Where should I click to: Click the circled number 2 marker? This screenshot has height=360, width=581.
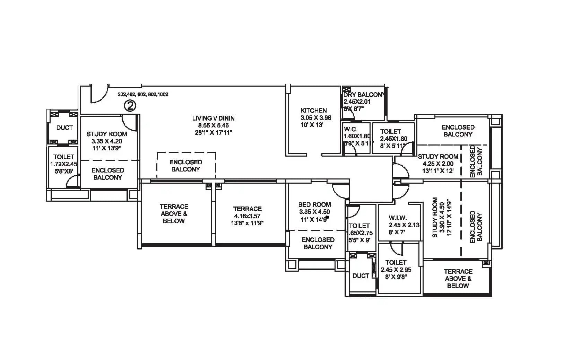(130, 105)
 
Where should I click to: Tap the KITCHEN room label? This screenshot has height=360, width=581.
(313, 111)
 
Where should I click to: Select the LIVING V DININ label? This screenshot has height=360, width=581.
(213, 118)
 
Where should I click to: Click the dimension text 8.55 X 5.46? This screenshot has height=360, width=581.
(213, 125)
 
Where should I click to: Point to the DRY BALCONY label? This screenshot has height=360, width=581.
(364, 95)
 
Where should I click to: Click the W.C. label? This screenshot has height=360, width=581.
(350, 129)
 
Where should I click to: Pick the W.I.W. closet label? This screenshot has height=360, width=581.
(398, 218)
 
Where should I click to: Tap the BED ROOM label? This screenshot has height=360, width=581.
(314, 204)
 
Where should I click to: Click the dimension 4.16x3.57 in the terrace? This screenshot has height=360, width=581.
(247, 216)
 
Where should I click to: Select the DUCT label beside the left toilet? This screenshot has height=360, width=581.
(64, 128)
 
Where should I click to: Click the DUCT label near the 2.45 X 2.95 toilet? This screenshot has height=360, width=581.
(361, 276)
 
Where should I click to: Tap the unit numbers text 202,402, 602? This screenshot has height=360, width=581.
(143, 94)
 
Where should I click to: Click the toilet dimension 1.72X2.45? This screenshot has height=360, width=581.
(64, 164)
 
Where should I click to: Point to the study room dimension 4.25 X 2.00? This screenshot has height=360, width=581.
(438, 164)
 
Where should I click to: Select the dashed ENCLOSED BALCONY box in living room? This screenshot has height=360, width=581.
(186, 166)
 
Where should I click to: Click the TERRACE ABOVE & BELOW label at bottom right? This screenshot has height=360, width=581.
(458, 279)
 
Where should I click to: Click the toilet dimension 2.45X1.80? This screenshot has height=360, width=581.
(393, 139)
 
